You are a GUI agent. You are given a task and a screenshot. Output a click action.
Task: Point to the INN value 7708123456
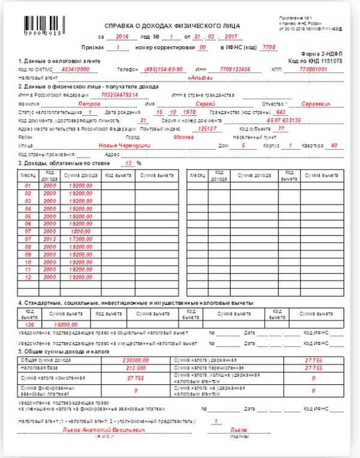tap(230, 69)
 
